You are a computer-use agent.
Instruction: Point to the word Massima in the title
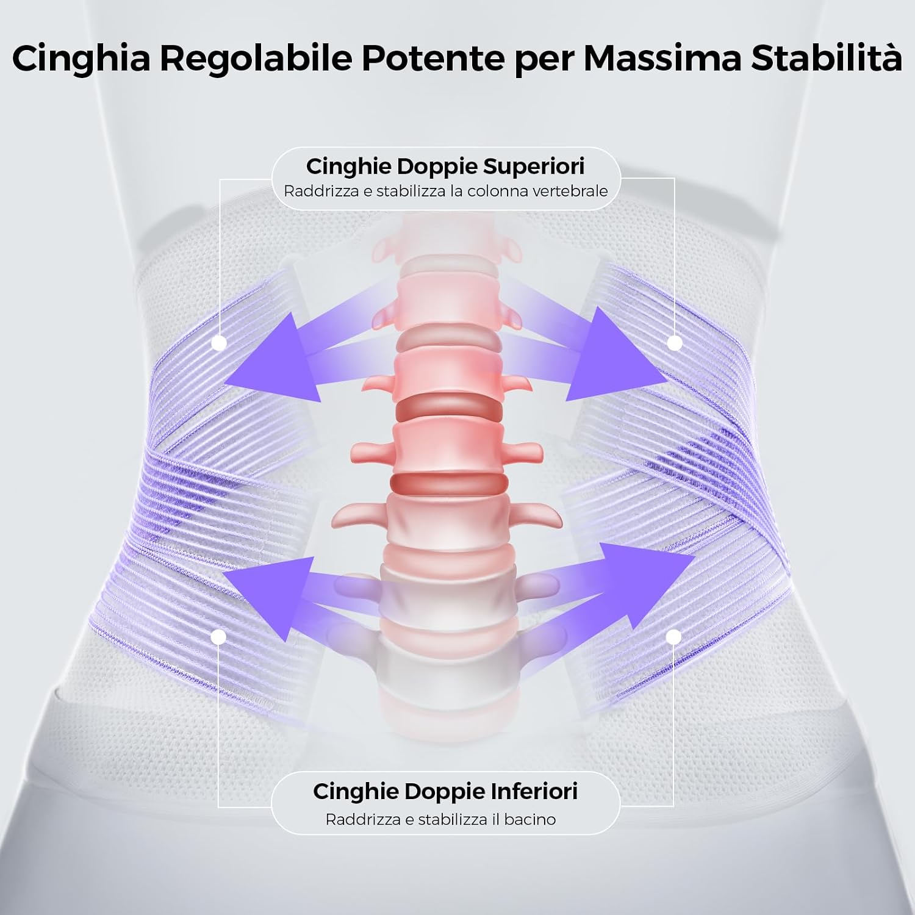pyautogui.click(x=662, y=59)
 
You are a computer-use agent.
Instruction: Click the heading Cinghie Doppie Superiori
pyautogui.click(x=445, y=166)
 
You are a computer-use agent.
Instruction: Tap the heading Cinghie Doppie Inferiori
pyautogui.click(x=445, y=791)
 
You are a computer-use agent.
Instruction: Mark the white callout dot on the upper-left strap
pyautogui.click(x=220, y=343)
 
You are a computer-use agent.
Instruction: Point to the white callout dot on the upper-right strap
pyautogui.click(x=674, y=343)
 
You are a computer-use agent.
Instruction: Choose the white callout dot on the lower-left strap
pyautogui.click(x=218, y=637)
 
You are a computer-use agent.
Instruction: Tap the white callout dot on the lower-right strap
pyautogui.click(x=673, y=637)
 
